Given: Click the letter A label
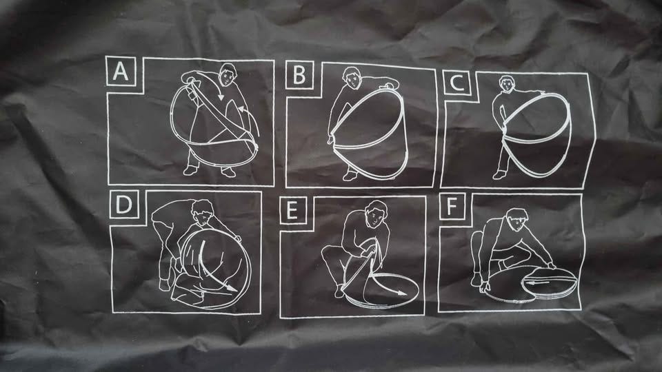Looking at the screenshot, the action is point(121,72).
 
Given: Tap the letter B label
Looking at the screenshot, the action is point(299,74).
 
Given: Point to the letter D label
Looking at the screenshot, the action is point(123,205).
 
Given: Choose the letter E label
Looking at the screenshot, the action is point(292,210).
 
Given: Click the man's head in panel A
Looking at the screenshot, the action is point(228,74).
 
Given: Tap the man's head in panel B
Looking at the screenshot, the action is point(351,78).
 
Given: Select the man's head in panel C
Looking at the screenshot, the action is point(507,83).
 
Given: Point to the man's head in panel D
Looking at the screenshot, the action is point(203,212).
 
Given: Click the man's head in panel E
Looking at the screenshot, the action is point(375,214).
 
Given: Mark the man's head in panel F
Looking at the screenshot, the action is point(518,219).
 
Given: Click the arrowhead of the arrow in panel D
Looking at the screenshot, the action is point(232,289).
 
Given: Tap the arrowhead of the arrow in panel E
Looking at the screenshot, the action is point(401,292).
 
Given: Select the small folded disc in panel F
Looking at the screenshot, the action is point(550,282).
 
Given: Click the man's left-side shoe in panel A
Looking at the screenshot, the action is point(190,170).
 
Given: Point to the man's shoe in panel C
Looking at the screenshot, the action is point(499,174).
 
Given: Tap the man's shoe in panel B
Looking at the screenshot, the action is point(350,176).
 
